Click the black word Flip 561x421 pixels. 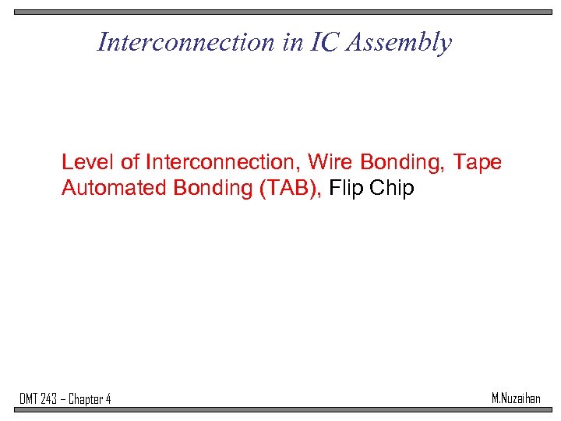(346, 189)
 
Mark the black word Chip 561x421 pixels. (391, 189)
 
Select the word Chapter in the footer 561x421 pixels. (86, 400)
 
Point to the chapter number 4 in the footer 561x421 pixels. (108, 399)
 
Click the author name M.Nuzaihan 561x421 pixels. (516, 398)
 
